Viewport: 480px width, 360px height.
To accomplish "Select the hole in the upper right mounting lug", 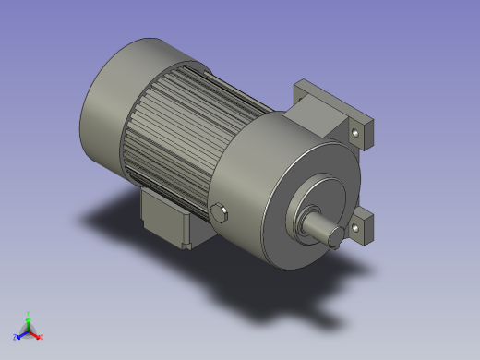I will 356,134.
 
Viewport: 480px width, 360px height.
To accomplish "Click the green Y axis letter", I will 29,314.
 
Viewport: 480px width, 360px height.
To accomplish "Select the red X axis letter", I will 42,337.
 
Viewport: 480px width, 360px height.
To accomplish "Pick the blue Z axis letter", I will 15,337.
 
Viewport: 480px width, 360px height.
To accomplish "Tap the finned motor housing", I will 185,129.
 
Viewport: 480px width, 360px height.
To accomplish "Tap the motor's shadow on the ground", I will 277,295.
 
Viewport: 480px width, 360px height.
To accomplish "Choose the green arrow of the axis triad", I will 29,322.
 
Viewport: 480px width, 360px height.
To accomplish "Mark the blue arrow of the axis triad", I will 21,333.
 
